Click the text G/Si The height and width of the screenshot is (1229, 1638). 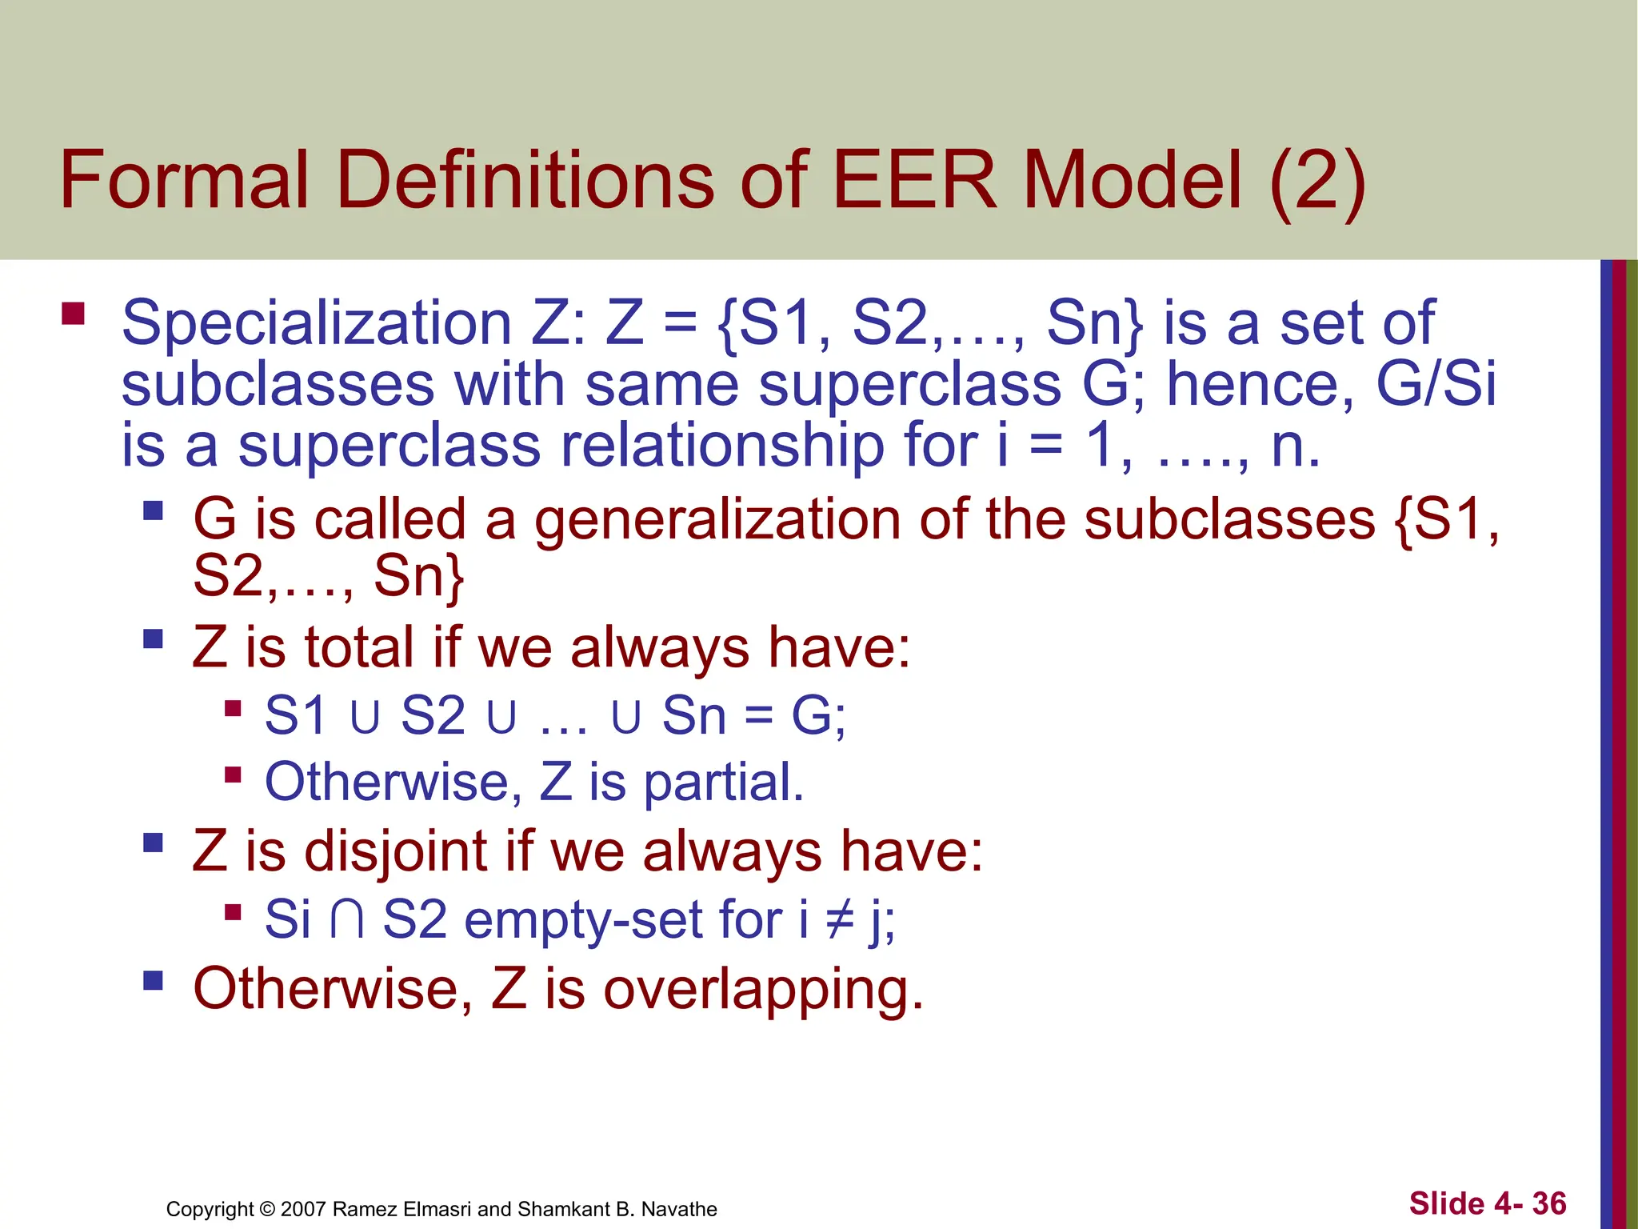[x=1436, y=384]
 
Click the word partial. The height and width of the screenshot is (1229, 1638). [x=723, y=782]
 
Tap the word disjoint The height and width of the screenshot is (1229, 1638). [x=396, y=851]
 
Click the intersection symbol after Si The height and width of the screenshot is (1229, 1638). [x=347, y=920]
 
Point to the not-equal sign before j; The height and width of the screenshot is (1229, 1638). [x=840, y=920]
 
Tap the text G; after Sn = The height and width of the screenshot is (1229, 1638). [x=818, y=715]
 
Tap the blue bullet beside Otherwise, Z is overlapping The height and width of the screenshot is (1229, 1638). [x=154, y=980]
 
